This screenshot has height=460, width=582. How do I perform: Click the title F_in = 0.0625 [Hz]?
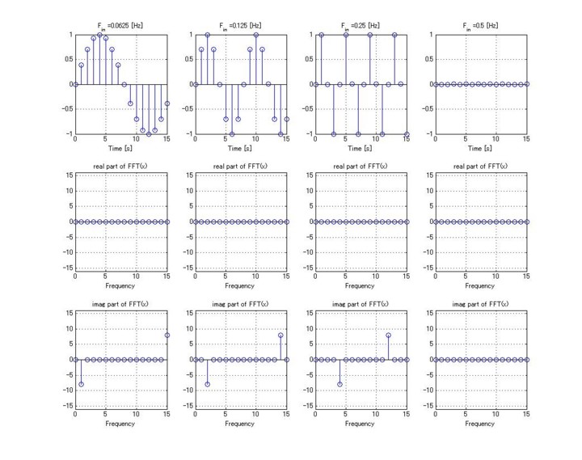[x=120, y=26]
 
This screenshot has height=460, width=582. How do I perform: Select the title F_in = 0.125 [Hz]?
[x=240, y=26]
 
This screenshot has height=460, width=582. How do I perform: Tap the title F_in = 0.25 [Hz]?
[x=360, y=26]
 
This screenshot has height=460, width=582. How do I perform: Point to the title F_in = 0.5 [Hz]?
[x=480, y=26]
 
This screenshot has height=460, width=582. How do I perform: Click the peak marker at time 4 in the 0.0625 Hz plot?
[x=99, y=35]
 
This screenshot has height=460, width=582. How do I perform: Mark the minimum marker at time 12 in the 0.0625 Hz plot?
[x=149, y=134]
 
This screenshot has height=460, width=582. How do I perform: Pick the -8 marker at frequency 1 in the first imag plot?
[x=82, y=384]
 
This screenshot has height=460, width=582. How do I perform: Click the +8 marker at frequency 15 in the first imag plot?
[x=167, y=336]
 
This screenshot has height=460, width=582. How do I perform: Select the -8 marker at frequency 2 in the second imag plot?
[x=208, y=384]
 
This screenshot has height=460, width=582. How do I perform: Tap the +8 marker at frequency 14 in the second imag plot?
[x=280, y=336]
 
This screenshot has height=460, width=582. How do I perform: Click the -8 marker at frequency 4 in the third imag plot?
[x=339, y=384]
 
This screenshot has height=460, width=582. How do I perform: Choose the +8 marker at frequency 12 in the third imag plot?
[x=388, y=336]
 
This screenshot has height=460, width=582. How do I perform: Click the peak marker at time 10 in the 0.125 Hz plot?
[x=256, y=35]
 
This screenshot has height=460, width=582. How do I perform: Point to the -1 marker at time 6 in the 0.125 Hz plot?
[x=232, y=134]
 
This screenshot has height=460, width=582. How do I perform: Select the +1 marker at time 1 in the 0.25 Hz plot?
[x=322, y=35]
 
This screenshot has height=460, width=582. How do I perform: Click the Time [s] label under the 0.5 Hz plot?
[x=480, y=149]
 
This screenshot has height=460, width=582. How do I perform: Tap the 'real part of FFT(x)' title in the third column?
[x=360, y=167]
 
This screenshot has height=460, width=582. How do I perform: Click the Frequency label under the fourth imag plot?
[x=479, y=424]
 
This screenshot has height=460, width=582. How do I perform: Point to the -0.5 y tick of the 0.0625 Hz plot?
[x=68, y=109]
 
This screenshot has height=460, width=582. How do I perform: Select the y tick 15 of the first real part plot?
[x=70, y=175]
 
